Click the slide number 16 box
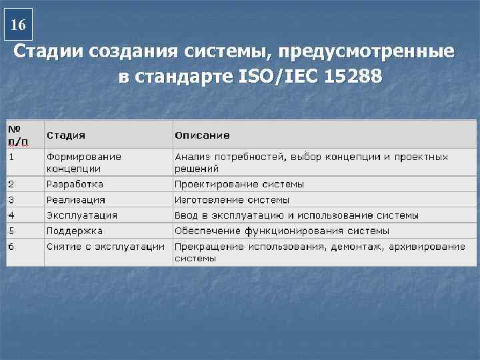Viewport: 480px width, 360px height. [x=19, y=25]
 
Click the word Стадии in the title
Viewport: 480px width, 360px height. [x=46, y=52]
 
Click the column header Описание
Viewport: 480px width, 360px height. [x=202, y=135]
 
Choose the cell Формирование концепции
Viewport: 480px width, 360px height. [x=83, y=163]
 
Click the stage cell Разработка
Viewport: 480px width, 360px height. [x=75, y=184]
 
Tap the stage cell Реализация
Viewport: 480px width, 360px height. [x=75, y=200]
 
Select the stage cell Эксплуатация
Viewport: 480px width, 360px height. [x=81, y=215]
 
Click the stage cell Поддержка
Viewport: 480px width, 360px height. [x=74, y=231]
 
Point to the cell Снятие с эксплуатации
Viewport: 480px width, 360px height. [x=105, y=246]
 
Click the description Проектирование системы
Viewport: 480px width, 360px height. [x=239, y=184]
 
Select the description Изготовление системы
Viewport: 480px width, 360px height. [x=232, y=200]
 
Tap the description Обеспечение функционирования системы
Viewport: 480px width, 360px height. [x=281, y=231]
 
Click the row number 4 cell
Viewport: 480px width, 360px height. [x=11, y=215]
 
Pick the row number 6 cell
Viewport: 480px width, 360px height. [x=11, y=246]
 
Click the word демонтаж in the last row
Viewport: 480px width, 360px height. [x=361, y=246]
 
